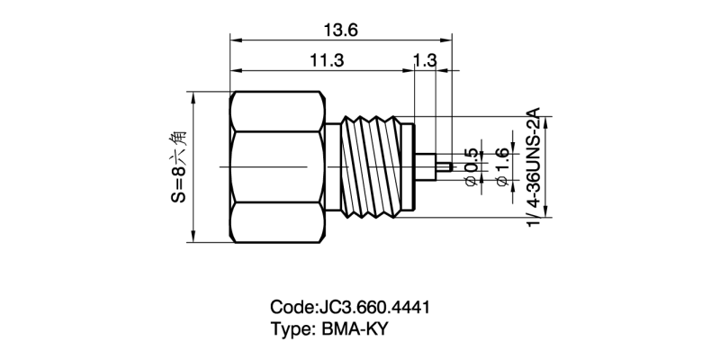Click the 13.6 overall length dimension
pyautogui.click(x=340, y=30)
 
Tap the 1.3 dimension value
pyautogui.click(x=425, y=60)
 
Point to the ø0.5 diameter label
pyautogui.click(x=469, y=166)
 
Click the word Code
pyautogui.click(x=289, y=307)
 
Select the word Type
pyautogui.click(x=289, y=328)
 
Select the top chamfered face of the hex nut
pyautogui.click(x=279, y=112)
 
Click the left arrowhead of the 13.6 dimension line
pyautogui.click(x=235, y=40)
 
